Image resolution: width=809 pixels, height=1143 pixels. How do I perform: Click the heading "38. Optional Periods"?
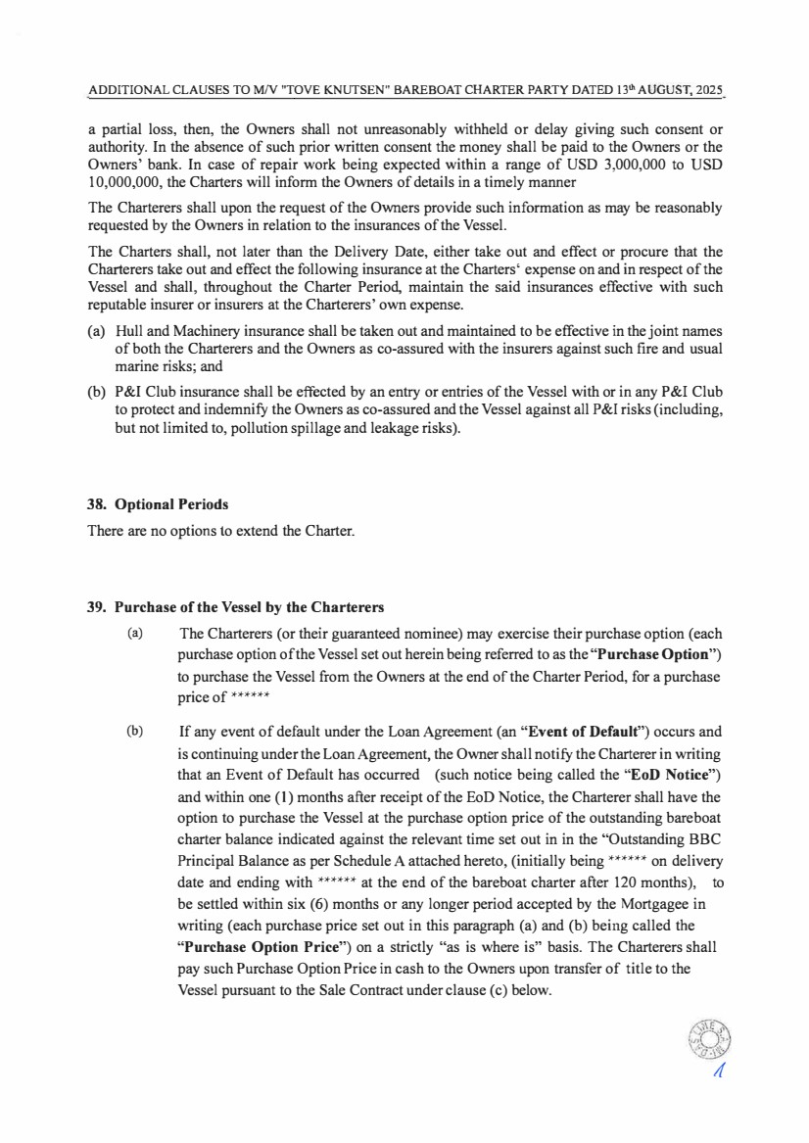[158, 505]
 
